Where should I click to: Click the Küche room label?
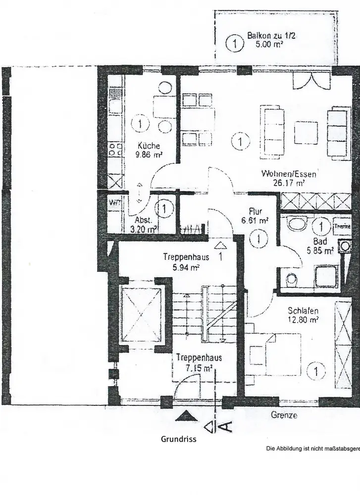(x=149, y=146)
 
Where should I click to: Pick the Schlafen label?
(x=303, y=311)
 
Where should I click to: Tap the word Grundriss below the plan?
(x=179, y=439)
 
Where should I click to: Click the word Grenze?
(x=284, y=415)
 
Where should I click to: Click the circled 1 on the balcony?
(x=235, y=44)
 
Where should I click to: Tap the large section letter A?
(x=224, y=425)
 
